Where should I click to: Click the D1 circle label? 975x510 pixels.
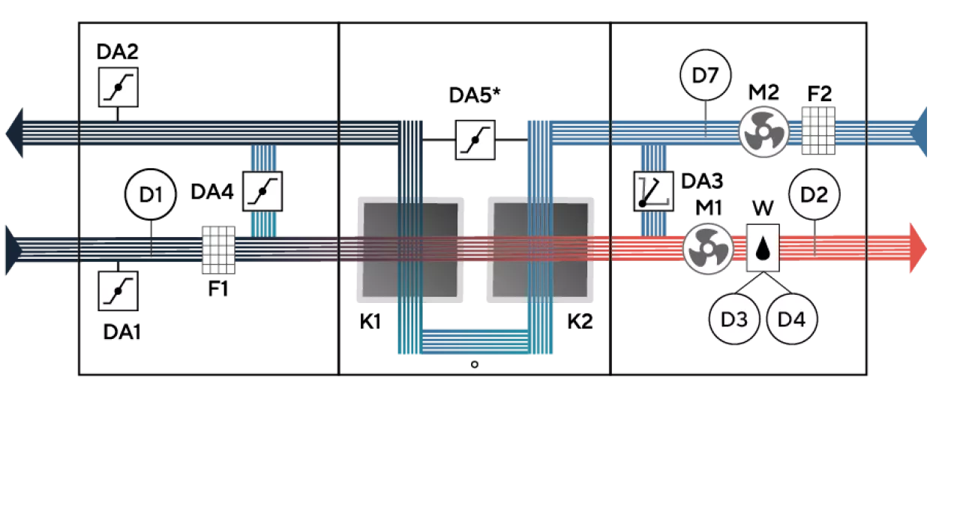click(151, 195)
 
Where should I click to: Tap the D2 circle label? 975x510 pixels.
click(814, 195)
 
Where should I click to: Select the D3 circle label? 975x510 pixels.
click(734, 319)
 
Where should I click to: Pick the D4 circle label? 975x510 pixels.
click(791, 319)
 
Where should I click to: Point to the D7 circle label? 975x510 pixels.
click(705, 76)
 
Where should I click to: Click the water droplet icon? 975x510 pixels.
click(763, 248)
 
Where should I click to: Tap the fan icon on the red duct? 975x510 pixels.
click(708, 247)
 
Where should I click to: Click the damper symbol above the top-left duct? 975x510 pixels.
click(118, 87)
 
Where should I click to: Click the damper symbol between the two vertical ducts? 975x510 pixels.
click(476, 140)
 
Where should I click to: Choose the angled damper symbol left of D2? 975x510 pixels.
click(653, 190)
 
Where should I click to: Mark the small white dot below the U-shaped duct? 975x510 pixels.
click(474, 364)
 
